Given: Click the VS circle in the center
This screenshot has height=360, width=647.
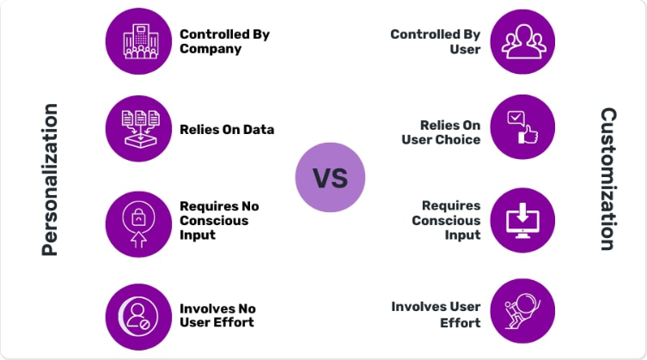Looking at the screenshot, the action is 330,178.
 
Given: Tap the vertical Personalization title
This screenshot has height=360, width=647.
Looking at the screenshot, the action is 50,180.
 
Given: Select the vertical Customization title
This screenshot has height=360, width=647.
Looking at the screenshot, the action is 608,180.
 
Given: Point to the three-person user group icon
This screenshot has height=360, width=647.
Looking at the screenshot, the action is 522,42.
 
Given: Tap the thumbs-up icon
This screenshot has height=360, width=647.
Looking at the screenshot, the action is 522,127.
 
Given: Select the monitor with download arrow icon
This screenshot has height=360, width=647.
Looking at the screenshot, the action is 522,220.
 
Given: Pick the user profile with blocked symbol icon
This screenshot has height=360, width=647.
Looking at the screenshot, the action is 138,317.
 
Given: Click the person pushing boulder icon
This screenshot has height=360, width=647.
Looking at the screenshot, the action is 522,311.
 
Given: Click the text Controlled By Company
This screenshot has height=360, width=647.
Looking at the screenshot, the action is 224,41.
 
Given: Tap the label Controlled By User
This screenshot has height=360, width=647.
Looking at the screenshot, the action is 436,42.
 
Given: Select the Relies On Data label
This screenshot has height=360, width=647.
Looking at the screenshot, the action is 227,130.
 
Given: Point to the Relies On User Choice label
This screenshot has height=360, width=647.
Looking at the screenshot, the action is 441,132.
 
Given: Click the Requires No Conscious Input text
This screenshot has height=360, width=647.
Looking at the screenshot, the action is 219,221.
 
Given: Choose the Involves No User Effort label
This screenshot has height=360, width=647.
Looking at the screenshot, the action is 217,315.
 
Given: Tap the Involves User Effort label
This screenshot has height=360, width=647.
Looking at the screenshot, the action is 436,314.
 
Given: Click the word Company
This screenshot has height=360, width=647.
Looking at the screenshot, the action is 211,49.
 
